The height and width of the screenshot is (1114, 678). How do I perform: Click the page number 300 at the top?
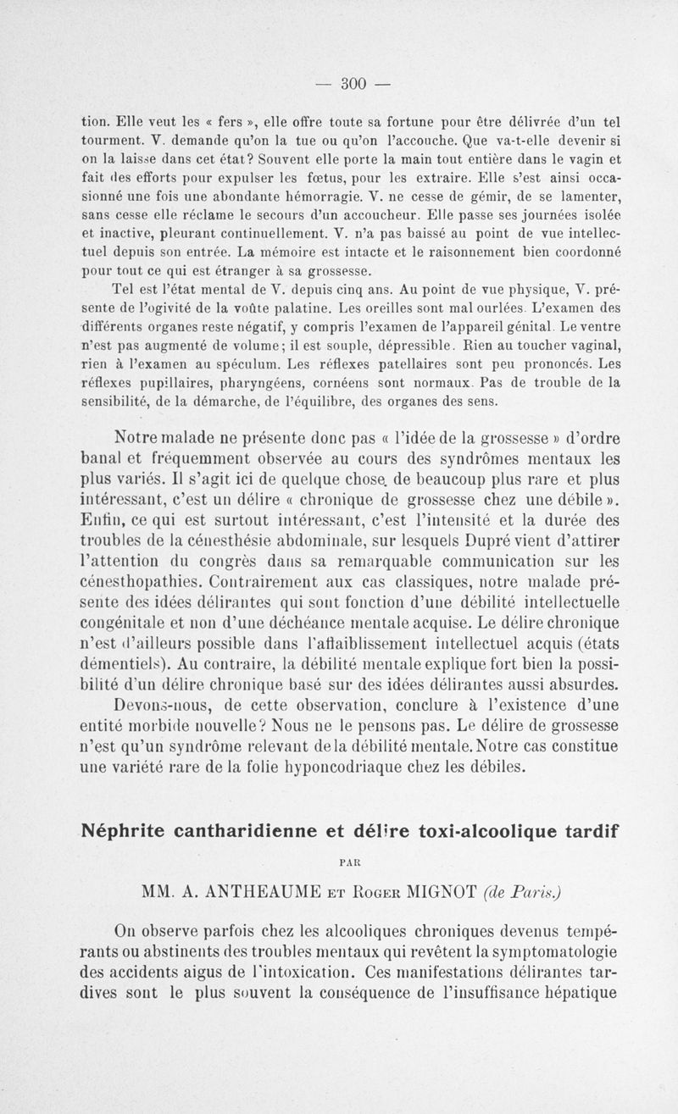tap(352, 83)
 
